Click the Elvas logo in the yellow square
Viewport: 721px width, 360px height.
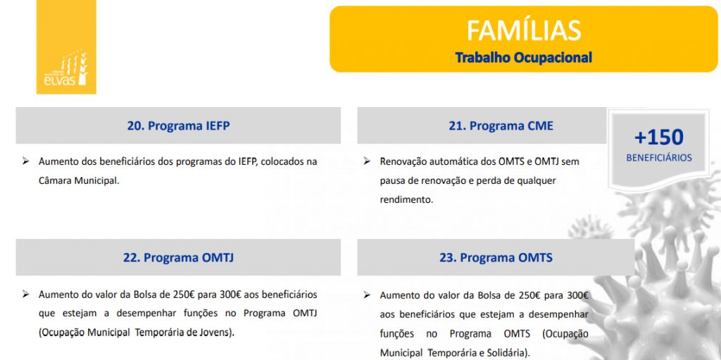(65, 68)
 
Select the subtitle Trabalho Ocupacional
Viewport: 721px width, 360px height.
(523, 58)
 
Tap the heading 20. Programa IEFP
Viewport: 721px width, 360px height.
(178, 125)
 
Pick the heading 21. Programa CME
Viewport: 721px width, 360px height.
(501, 125)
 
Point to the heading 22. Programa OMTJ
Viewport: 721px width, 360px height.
(178, 257)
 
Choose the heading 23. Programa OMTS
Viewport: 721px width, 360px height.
(496, 257)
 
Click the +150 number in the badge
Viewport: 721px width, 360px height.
(658, 137)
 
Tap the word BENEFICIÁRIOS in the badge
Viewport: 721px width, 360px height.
(658, 158)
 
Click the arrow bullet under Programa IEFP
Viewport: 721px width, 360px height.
(26, 161)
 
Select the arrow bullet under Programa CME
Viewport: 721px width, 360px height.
(366, 161)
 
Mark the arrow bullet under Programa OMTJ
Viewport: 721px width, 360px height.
(26, 294)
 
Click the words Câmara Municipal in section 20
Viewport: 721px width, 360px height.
(78, 181)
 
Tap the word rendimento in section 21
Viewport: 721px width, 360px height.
(406, 200)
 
